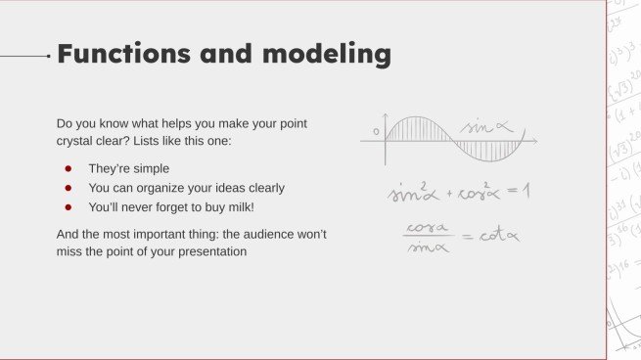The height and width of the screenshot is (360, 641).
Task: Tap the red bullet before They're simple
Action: (x=69, y=168)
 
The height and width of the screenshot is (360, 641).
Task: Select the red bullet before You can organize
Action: (x=69, y=188)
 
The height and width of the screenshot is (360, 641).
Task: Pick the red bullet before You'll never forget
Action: (x=69, y=207)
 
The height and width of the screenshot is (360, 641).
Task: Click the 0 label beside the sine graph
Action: (x=375, y=130)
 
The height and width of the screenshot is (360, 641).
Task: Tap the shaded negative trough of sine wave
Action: (x=489, y=152)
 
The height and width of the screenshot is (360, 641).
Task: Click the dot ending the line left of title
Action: (x=49, y=57)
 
